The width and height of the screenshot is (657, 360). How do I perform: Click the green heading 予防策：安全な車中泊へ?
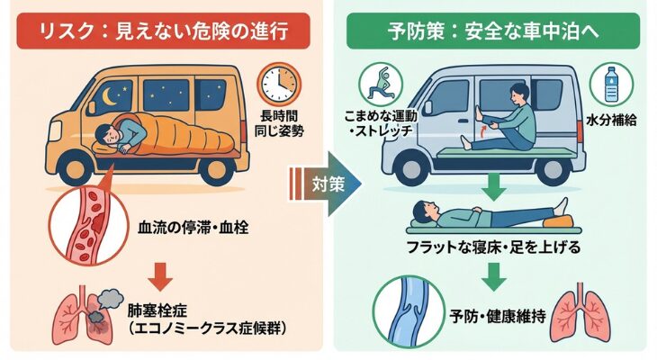pyautogui.click(x=493, y=31)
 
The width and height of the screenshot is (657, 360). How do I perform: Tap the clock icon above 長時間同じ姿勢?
pyautogui.click(x=279, y=85)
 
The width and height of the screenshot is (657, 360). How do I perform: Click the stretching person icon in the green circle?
pyautogui.click(x=381, y=85)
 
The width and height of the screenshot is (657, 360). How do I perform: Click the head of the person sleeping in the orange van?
pyautogui.click(x=111, y=137)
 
